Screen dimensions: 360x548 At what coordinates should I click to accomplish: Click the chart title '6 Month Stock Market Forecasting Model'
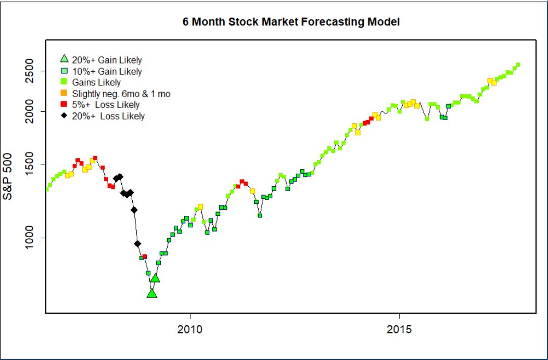(x=290, y=22)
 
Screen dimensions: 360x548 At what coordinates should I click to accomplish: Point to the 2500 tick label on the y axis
(x=30, y=71)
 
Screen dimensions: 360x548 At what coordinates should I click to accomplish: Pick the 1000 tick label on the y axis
(x=30, y=238)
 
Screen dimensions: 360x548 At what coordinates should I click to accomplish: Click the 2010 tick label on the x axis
(x=190, y=330)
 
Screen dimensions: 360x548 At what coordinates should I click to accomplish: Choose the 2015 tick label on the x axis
(x=399, y=330)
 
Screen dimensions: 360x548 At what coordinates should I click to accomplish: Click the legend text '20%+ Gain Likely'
(x=107, y=60)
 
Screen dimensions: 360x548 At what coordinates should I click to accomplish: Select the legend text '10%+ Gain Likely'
(x=107, y=71)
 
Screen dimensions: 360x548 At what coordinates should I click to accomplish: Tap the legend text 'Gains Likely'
(x=96, y=82)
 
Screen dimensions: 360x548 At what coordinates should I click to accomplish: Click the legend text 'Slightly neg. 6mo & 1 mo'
(x=121, y=94)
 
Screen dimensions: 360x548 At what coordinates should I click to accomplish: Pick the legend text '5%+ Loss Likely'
(x=106, y=105)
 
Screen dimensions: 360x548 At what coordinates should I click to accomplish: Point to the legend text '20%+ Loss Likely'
(x=108, y=116)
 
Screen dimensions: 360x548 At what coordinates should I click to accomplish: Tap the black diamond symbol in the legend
(x=65, y=115)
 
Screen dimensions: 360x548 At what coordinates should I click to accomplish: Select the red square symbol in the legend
(x=65, y=105)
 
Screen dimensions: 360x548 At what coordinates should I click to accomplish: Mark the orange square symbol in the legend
(x=65, y=94)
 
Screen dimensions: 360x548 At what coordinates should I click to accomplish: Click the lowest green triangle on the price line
(x=151, y=294)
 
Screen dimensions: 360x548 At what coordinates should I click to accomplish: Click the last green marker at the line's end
(x=518, y=65)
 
